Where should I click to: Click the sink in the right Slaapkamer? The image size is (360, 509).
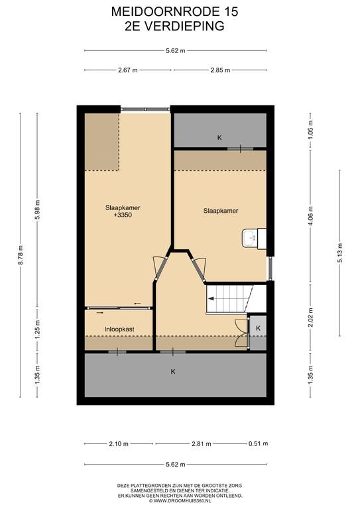coord(250,239)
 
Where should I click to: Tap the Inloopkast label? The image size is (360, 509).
coord(119,329)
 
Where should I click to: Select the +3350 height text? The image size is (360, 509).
coord(123,215)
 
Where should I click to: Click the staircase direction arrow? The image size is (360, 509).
coord(211,299)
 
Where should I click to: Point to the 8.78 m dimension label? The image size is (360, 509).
coord(21,255)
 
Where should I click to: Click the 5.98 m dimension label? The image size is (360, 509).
coord(37,210)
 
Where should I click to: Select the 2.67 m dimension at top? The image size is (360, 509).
coord(128,70)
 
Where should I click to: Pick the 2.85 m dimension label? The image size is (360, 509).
coord(220,70)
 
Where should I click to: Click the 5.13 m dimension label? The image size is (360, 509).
coord(340,253)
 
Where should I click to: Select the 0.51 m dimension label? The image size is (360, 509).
coord(259,443)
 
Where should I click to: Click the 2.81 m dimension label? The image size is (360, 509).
coord(202,444)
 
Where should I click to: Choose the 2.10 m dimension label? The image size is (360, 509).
coord(119,444)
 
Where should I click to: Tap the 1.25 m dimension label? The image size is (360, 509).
coord(37,329)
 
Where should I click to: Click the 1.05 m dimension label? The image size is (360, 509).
coord(311,130)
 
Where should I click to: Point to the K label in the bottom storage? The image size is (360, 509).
coord(173,372)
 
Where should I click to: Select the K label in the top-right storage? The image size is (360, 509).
coord(219,138)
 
